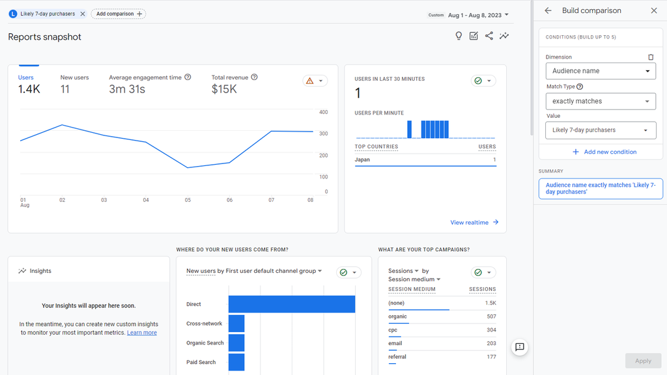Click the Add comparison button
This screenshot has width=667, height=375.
coord(118,14)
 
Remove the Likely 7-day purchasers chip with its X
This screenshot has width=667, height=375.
coord(82,14)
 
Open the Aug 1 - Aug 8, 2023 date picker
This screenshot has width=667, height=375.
coord(477,15)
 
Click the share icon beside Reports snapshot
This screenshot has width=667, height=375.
coord(489,36)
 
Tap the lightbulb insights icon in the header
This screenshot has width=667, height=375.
coord(459,36)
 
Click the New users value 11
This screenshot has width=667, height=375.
coord(65,89)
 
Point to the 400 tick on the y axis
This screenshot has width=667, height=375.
coord(323,112)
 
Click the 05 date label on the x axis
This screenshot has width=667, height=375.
coord(188,200)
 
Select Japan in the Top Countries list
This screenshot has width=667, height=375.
coord(362,160)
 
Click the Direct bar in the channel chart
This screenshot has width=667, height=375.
coord(291,304)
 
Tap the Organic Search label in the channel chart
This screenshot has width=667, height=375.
coord(205,343)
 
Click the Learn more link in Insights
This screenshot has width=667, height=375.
coord(142,333)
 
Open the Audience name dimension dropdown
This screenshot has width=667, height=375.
coord(600,71)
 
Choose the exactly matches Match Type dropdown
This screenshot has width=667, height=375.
coord(600,102)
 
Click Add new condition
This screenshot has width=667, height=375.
coord(604,152)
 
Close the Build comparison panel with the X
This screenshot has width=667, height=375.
coord(654,10)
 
